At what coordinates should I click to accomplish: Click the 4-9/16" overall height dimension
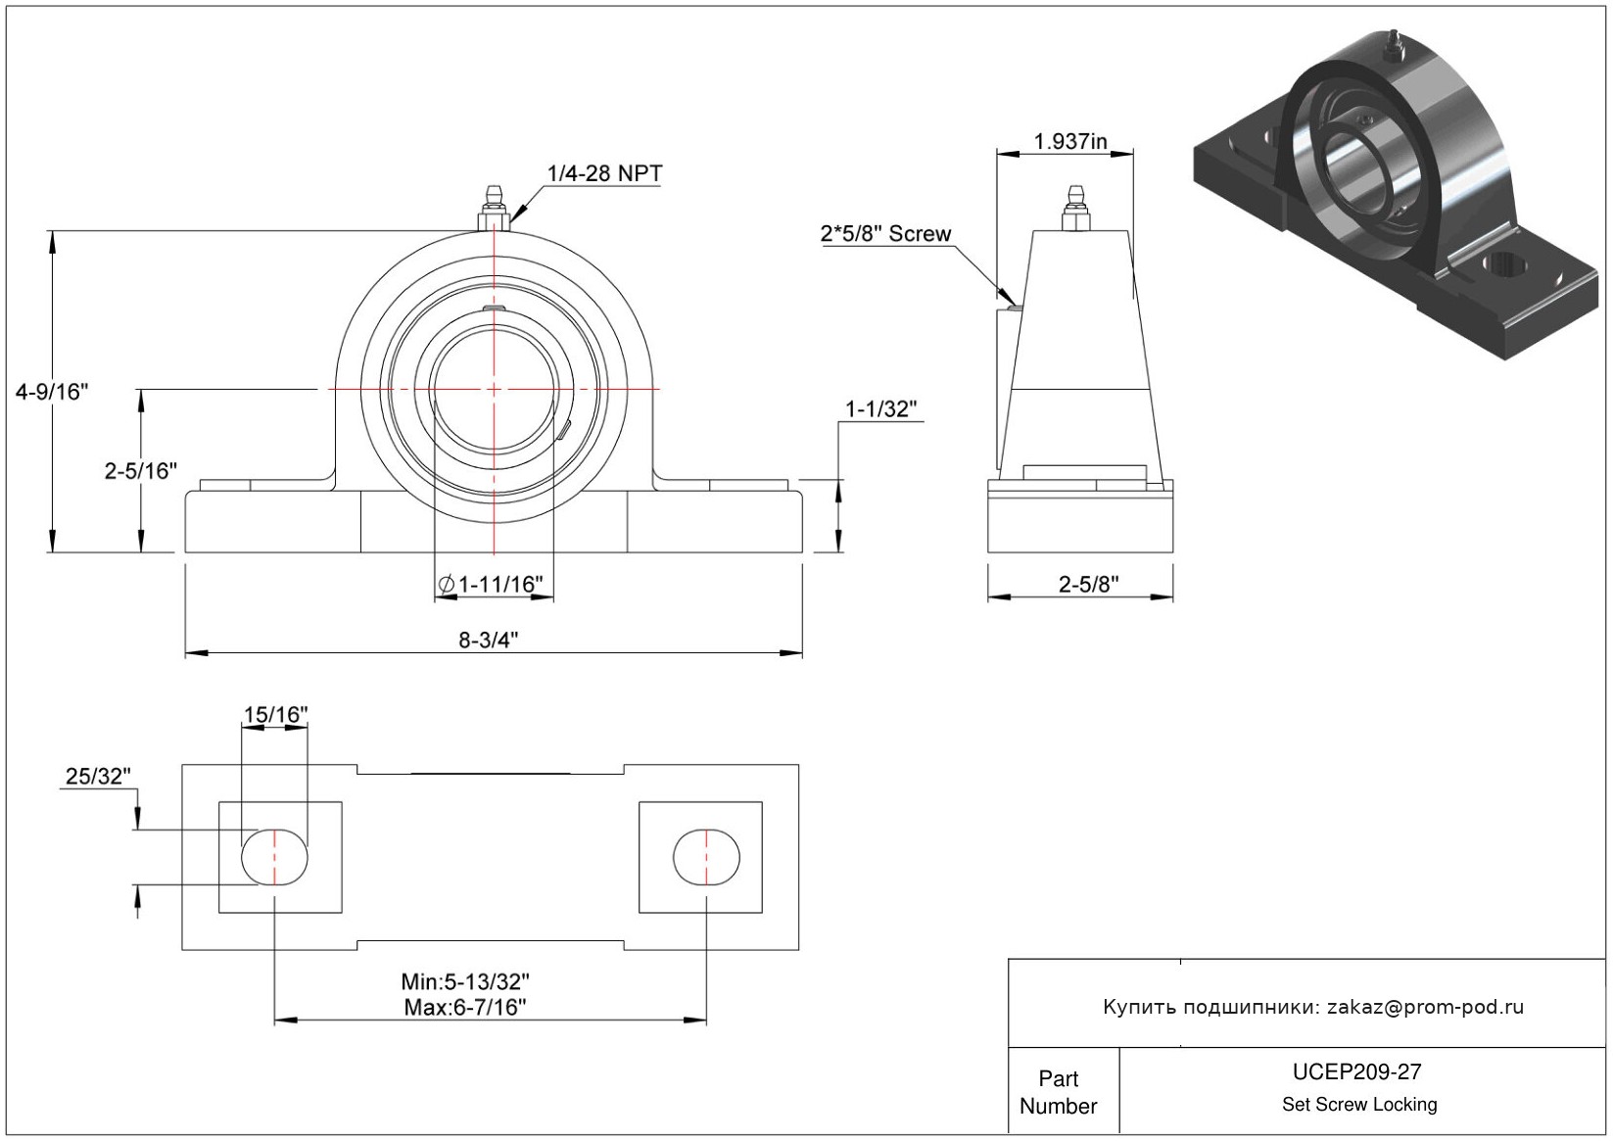(52, 392)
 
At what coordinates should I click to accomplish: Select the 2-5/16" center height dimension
(140, 471)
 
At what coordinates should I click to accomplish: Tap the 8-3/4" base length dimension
(489, 640)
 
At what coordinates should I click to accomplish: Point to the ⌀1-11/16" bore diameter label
(491, 584)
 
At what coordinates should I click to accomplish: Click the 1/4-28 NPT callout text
(605, 173)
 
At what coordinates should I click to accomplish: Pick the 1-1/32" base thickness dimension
(880, 409)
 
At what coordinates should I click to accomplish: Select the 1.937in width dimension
(1070, 141)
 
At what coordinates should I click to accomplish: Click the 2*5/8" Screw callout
(885, 233)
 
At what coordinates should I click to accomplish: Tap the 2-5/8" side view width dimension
(1089, 584)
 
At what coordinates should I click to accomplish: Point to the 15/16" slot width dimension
(276, 715)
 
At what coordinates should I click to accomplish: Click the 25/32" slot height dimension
(98, 776)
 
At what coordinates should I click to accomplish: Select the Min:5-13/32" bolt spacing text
(465, 981)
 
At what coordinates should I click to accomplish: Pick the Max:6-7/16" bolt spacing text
(465, 1007)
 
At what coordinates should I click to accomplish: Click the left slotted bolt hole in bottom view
(274, 856)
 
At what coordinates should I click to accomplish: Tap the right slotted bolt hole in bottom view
(706, 856)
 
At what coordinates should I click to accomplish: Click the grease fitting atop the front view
(494, 208)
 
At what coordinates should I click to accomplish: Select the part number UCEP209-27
(1357, 1071)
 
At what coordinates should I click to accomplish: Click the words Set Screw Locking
(1359, 1104)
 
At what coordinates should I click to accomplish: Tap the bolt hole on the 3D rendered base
(1503, 263)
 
